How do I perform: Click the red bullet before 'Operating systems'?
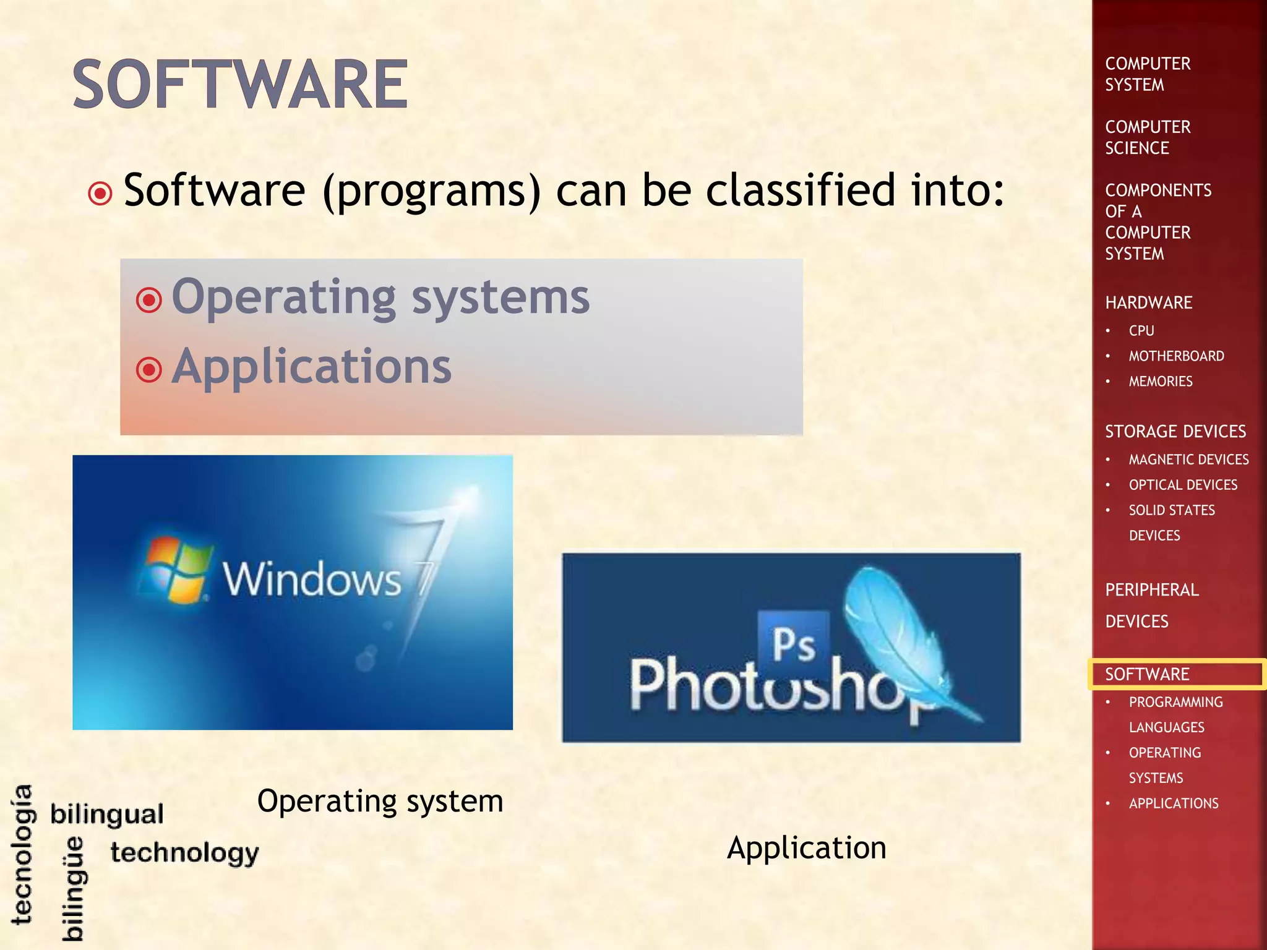pos(149,301)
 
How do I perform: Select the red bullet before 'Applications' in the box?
pos(149,370)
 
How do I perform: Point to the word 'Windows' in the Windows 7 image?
pos(312,580)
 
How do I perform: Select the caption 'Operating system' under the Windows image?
pos(380,801)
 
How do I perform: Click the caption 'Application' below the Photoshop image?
pos(806,847)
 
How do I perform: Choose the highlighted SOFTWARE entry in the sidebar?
pos(1147,674)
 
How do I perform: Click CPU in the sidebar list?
pos(1141,331)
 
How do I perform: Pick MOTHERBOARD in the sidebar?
pos(1176,356)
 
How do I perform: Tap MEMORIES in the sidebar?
pos(1161,382)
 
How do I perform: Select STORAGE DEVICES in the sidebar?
pos(1175,431)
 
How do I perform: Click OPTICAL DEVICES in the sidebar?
pos(1183,485)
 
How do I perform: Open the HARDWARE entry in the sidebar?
pos(1149,302)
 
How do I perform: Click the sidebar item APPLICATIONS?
pos(1174,803)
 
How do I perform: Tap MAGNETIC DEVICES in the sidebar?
pos(1188,460)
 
